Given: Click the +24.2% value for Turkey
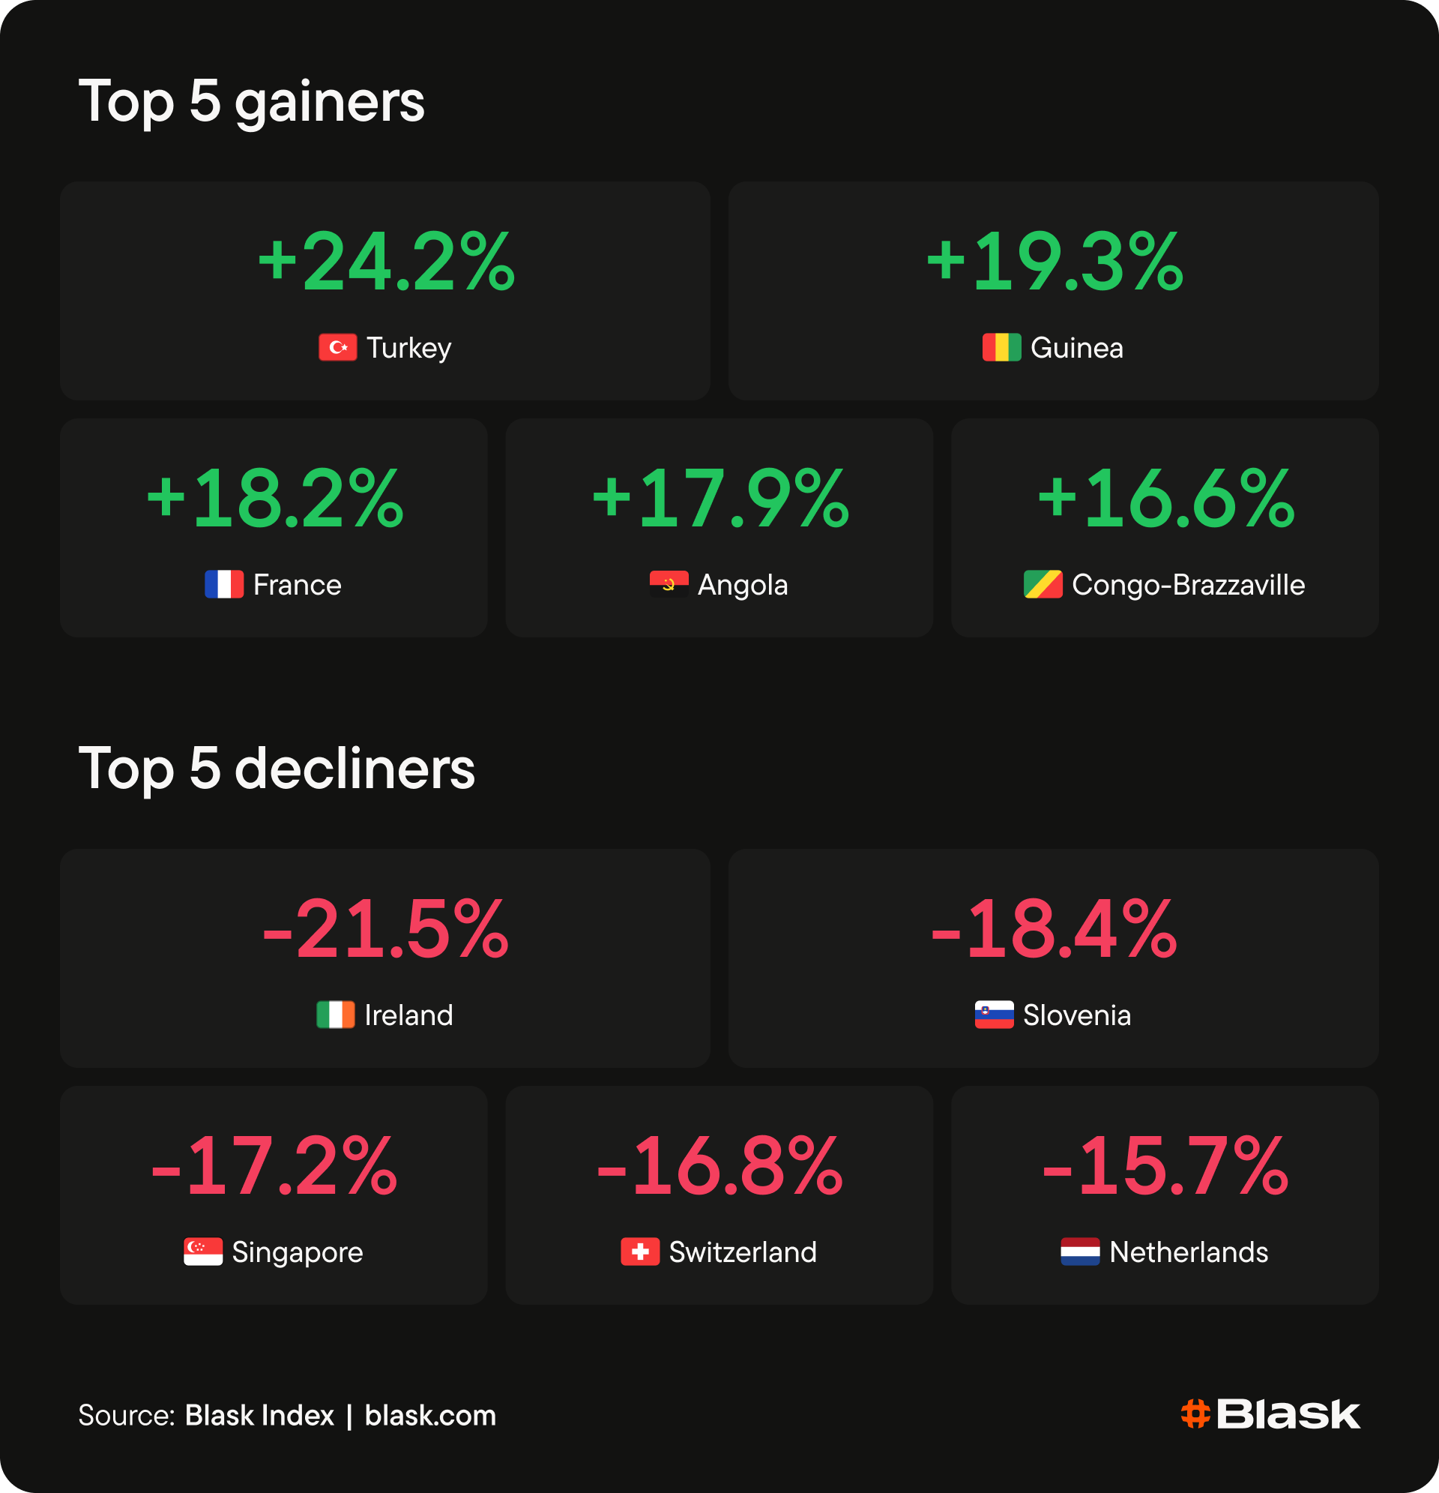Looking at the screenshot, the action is pos(386,262).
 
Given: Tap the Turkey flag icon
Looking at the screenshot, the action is pos(337,347).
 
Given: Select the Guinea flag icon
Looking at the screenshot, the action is pos(1001,347).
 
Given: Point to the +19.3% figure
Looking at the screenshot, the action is pos(1055,262).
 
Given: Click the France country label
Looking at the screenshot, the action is pos(297,585).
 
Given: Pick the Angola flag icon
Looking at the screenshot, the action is pos(669,584).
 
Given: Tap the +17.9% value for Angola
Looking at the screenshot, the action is pos(720,499).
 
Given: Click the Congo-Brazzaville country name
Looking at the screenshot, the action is pos(1189,585).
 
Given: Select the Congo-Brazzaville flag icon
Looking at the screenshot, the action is pos(1043,584).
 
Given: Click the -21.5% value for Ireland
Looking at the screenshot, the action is pos(385,929).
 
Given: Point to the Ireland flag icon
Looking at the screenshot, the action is pos(336,1015).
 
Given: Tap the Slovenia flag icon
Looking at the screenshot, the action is pos(995,1015).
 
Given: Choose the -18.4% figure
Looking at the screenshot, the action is pos(1055,929).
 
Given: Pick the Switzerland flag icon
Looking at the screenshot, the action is pos(640,1252).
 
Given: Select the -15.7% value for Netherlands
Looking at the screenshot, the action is pos(1165,1166).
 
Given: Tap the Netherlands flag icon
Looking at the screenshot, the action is pos(1081,1252).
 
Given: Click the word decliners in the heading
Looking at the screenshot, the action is pos(355,769).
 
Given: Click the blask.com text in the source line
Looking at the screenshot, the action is pos(430,1415).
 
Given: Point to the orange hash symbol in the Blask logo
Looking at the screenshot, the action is pos(1195,1414).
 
